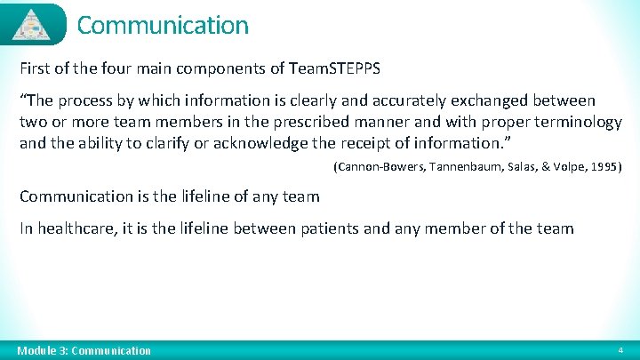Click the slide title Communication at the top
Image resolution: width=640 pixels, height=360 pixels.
coord(163,25)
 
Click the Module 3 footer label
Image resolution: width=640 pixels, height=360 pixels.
coord(85,350)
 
